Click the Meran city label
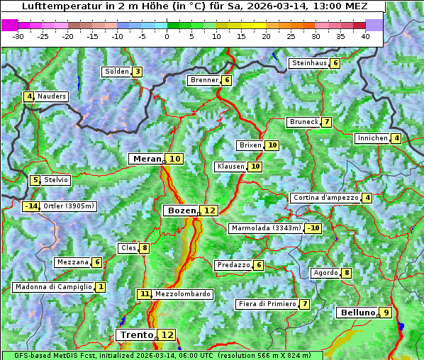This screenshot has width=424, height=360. coord(146,159)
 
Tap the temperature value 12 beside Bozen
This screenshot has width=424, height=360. coord(209,210)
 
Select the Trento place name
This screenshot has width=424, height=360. coord(136,334)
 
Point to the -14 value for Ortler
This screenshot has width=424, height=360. coord(31,206)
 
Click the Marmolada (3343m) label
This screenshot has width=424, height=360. coord(266,228)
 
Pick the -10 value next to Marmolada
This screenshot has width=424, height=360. coord(313,228)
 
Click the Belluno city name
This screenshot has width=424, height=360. coord(357,313)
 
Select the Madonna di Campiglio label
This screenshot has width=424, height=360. coord(53,287)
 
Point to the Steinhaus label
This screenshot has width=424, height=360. coord(308,63)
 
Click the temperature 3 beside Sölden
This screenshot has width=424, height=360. coord(137,72)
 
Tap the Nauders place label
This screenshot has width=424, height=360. coord(51,96)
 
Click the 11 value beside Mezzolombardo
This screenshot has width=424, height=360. coord(145,294)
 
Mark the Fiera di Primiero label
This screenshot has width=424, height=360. coord(267,304)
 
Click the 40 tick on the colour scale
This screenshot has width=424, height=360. coord(365,36)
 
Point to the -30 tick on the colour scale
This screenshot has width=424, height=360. coord(19,36)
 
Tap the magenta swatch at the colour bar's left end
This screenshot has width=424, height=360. coord(10,25)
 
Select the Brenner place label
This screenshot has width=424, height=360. coord(204,80)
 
